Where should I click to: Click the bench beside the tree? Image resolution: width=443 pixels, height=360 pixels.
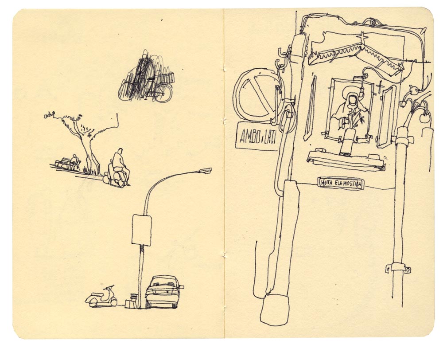click(x=67, y=164)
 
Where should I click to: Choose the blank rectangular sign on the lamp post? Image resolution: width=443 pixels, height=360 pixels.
click(x=142, y=230)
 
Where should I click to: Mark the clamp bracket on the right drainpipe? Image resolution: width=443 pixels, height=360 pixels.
click(x=398, y=267)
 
